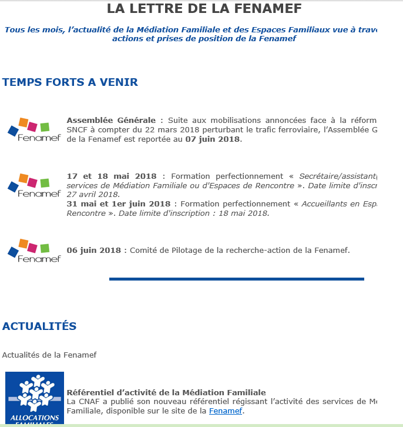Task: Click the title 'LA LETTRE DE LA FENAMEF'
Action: (x=204, y=9)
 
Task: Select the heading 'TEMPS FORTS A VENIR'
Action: (x=70, y=82)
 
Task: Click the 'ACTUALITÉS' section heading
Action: (x=39, y=326)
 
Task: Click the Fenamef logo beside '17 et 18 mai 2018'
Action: (x=34, y=186)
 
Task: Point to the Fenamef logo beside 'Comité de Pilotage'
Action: (x=34, y=251)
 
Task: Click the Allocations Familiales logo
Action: (x=35, y=398)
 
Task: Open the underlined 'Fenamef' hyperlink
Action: (x=226, y=411)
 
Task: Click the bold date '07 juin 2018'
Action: (x=213, y=139)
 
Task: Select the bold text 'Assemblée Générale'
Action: (x=112, y=121)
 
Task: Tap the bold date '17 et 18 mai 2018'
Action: (x=112, y=176)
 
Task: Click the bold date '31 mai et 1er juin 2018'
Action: (x=119, y=204)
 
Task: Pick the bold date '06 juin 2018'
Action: (x=94, y=250)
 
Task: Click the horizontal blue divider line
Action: (x=236, y=279)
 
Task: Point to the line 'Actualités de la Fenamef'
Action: (x=49, y=355)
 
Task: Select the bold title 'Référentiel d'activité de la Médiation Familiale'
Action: (x=166, y=392)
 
